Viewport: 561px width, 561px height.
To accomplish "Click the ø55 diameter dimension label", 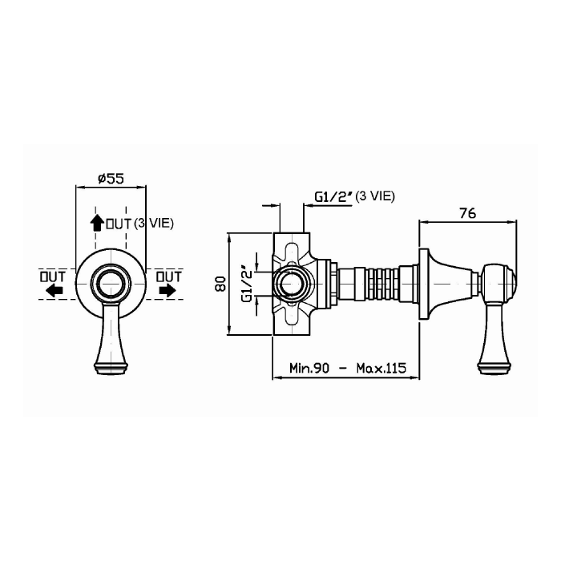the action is (x=111, y=178).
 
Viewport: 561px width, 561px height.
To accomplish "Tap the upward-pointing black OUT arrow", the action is (x=97, y=222).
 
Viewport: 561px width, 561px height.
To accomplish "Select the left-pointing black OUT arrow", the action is (x=54, y=290).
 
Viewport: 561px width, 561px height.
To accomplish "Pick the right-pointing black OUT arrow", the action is (x=167, y=290).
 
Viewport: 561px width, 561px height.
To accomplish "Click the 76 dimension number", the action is (x=468, y=214).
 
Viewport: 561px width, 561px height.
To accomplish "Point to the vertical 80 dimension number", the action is (x=221, y=284).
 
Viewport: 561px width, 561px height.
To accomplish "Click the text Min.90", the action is (x=309, y=368).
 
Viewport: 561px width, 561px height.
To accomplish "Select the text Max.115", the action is (x=381, y=368).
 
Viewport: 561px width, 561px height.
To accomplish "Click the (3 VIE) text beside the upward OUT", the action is (x=154, y=224).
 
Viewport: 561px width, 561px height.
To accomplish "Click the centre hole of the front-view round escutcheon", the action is (x=111, y=284).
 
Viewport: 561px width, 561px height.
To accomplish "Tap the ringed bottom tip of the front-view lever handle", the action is (x=111, y=369).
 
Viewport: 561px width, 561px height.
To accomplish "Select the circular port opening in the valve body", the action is (x=291, y=284).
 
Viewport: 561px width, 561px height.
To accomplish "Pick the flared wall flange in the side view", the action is (x=424, y=284).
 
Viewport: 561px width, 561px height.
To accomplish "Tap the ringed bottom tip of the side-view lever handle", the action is (x=494, y=369).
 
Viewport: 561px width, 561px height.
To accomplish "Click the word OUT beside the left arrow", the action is (x=53, y=276).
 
